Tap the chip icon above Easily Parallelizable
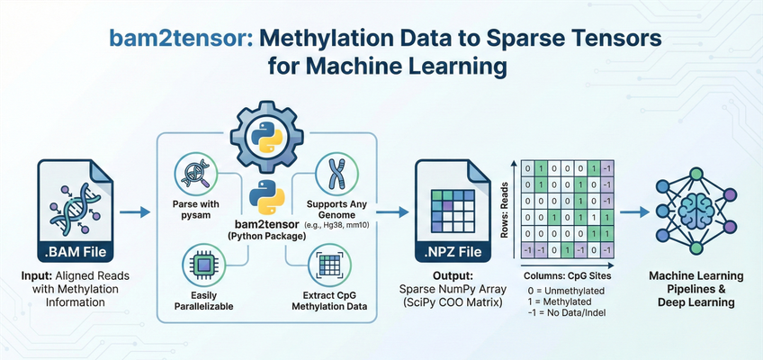point(195,265)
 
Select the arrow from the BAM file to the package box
point(134,213)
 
